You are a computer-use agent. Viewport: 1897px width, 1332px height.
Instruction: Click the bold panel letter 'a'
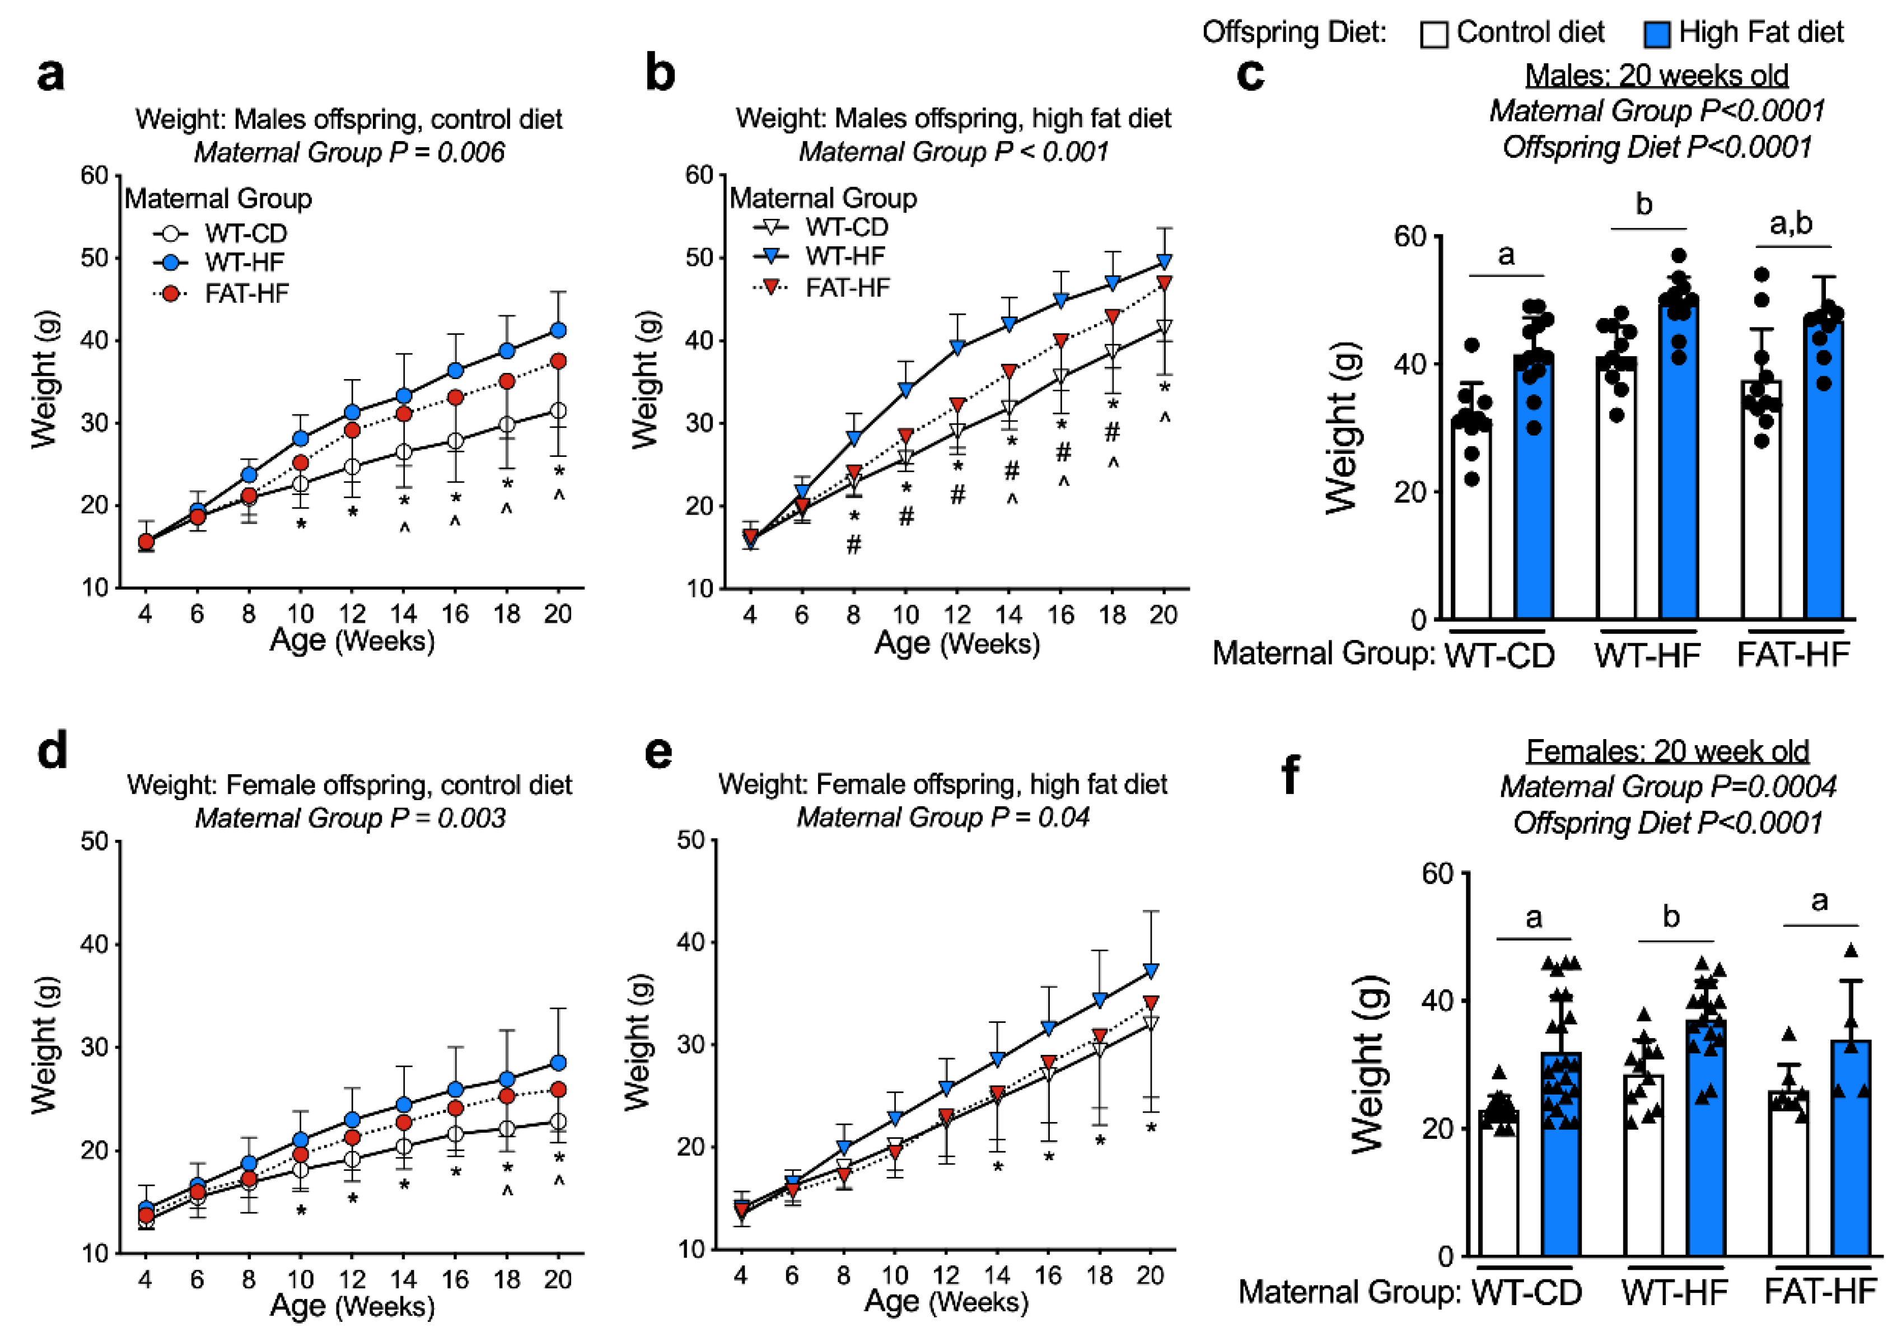pyautogui.click(x=50, y=75)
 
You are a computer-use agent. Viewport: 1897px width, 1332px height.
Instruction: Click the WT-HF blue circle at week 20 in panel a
pyautogui.click(x=559, y=330)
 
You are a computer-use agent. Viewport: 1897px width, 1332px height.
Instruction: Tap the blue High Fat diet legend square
pyautogui.click(x=1657, y=35)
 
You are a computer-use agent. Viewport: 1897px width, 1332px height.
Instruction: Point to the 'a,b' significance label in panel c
pyautogui.click(x=1791, y=223)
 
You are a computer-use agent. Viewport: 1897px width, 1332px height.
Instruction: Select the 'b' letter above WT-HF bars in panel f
pyautogui.click(x=1671, y=917)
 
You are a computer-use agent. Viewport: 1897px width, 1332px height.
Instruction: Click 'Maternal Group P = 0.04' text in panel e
pyautogui.click(x=943, y=817)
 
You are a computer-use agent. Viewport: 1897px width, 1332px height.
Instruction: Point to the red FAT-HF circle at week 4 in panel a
pyautogui.click(x=146, y=542)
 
